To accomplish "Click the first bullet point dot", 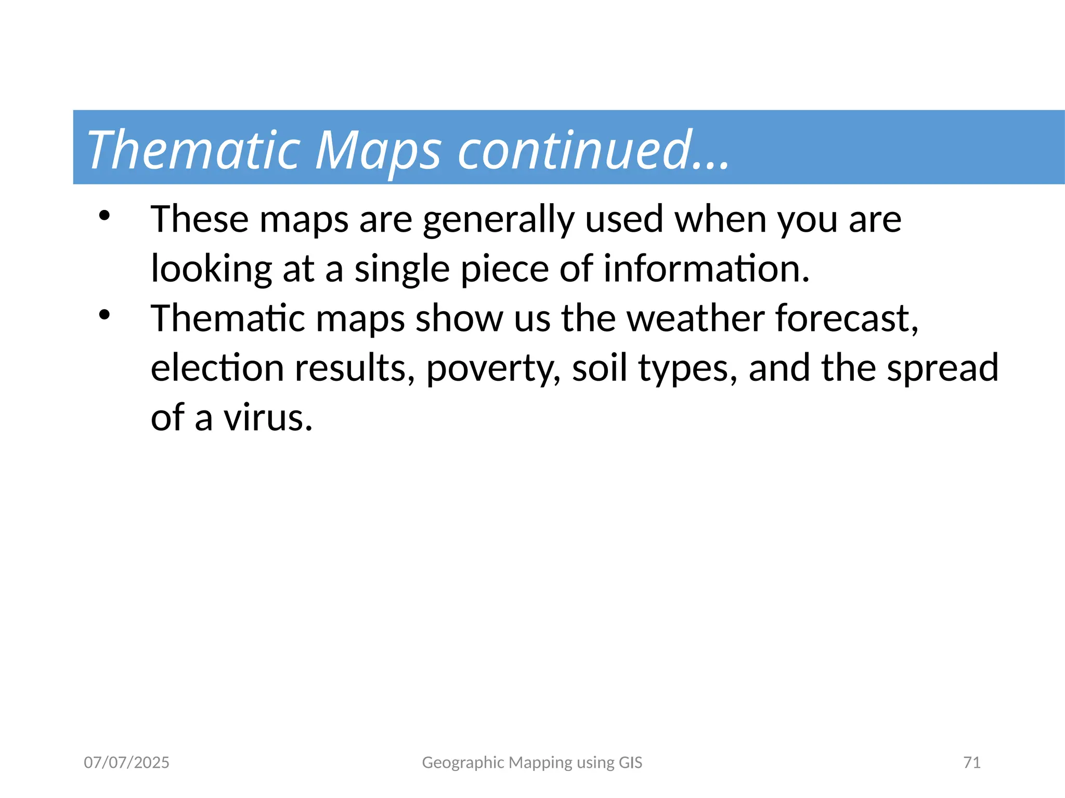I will point(105,216).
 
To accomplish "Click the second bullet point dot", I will point(105,315).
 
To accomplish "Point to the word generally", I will point(498,220).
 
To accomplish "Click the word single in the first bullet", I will point(401,269).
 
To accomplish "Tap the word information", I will point(706,269).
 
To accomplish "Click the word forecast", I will point(847,318).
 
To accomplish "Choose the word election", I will point(217,368).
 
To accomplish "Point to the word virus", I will point(268,418).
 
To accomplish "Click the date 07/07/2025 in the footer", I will point(126,763).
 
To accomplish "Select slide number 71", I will point(971,763).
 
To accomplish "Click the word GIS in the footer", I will point(630,763).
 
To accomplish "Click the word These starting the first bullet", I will point(199,219).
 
